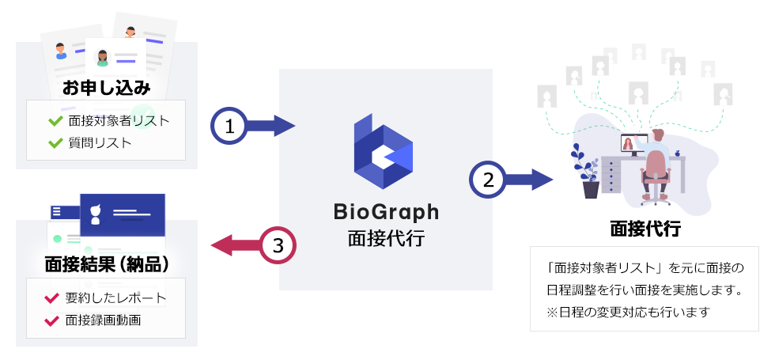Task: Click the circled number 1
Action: coord(229,126)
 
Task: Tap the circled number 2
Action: coord(488,180)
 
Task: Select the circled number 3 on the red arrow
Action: coord(278,245)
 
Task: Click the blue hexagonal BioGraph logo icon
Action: coord(383,151)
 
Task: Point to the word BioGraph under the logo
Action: coord(386,212)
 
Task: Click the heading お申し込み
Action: coord(106,88)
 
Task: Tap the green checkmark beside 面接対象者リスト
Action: coord(55,120)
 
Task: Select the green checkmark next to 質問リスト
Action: coord(55,143)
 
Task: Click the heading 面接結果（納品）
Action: coord(106,265)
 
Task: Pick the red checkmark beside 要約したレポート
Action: coord(51,298)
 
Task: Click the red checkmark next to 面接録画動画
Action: coord(51,320)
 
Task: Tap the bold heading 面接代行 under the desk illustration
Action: coord(645,229)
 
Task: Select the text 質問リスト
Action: coord(100,143)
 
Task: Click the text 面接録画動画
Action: coord(104,320)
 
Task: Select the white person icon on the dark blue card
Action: coord(96,214)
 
